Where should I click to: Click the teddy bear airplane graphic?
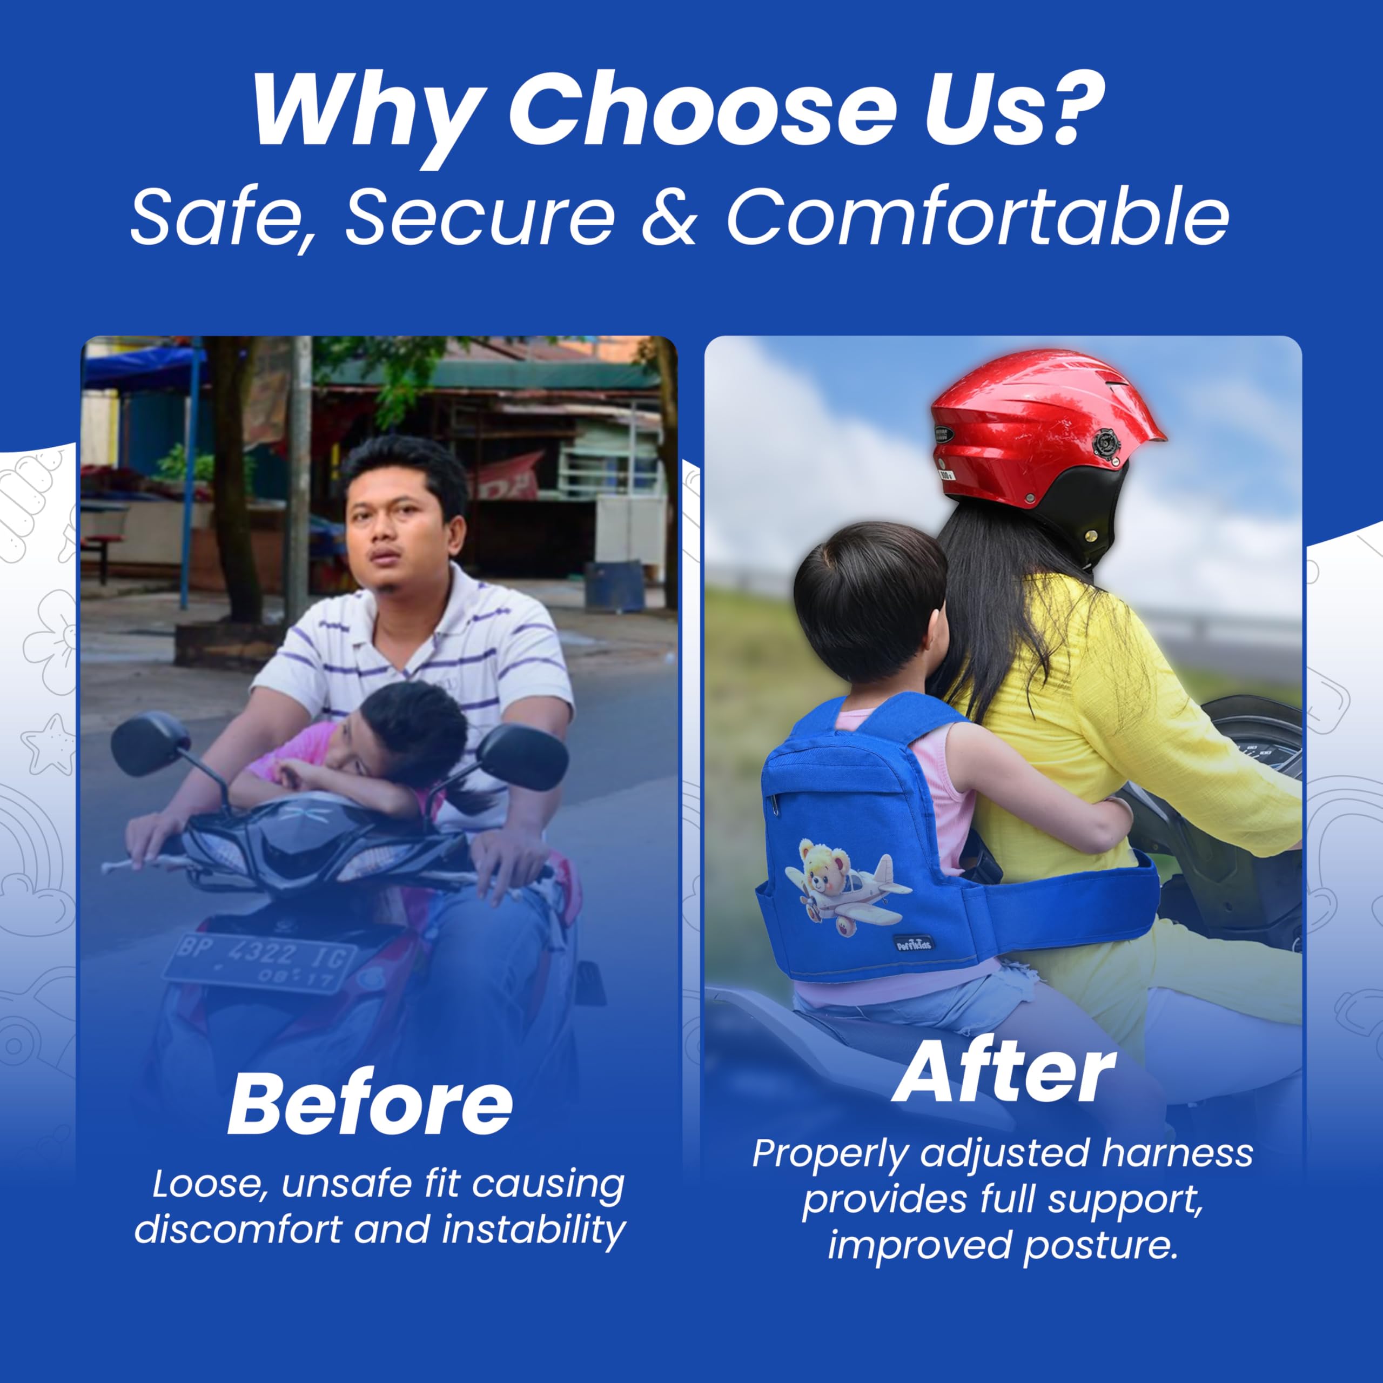tap(848, 887)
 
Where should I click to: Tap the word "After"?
tap(1004, 1072)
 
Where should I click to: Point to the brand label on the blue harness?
tap(914, 943)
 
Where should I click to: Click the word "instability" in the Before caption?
tap(533, 1231)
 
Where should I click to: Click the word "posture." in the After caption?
tap(1100, 1246)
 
